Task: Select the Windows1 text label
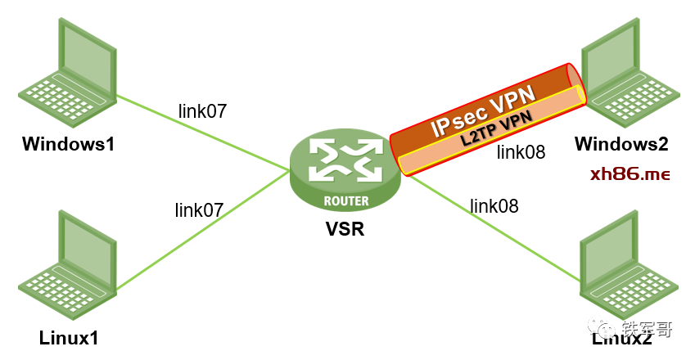tap(69, 146)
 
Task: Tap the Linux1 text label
tap(69, 337)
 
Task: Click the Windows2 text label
tap(622, 145)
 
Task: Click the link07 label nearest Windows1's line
tap(202, 110)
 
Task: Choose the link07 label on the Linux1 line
tap(199, 210)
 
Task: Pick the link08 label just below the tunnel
tap(521, 151)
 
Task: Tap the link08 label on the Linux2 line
tap(494, 205)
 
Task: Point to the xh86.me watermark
tap(630, 174)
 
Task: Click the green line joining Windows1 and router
tap(205, 133)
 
